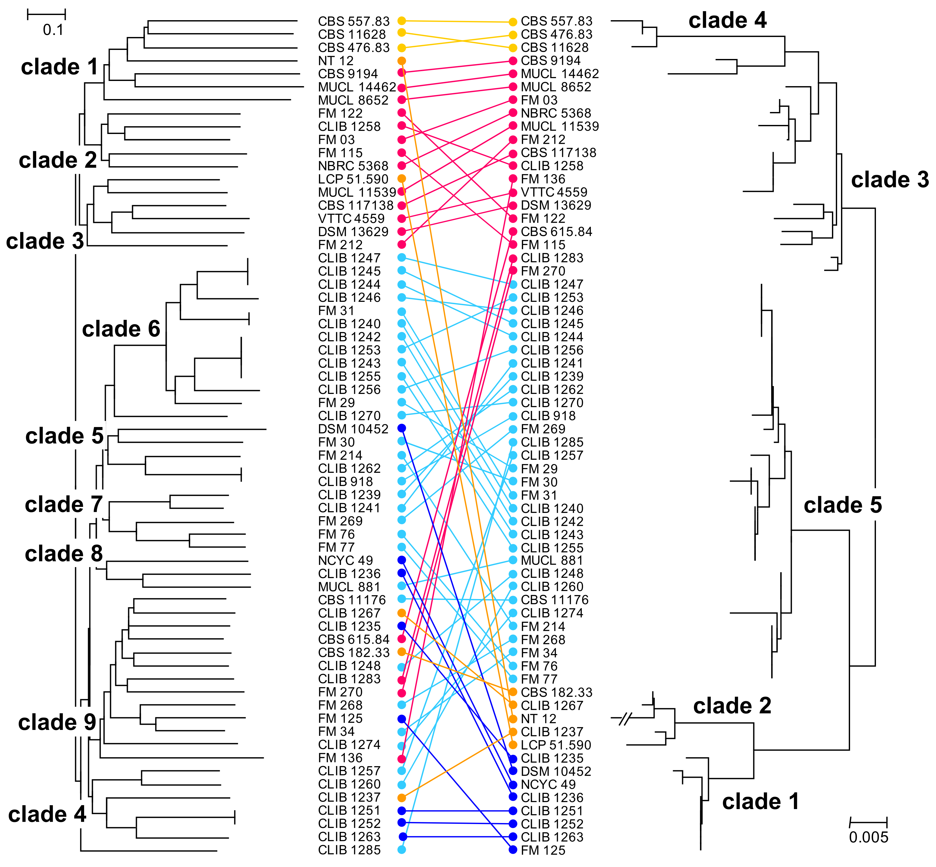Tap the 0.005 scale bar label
868,838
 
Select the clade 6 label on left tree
121,329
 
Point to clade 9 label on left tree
57,722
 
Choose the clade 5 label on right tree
843,505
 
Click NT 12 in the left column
336,61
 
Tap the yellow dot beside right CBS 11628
513,48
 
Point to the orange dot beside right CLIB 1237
513,732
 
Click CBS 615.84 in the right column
556,232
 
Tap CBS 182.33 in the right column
556,692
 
